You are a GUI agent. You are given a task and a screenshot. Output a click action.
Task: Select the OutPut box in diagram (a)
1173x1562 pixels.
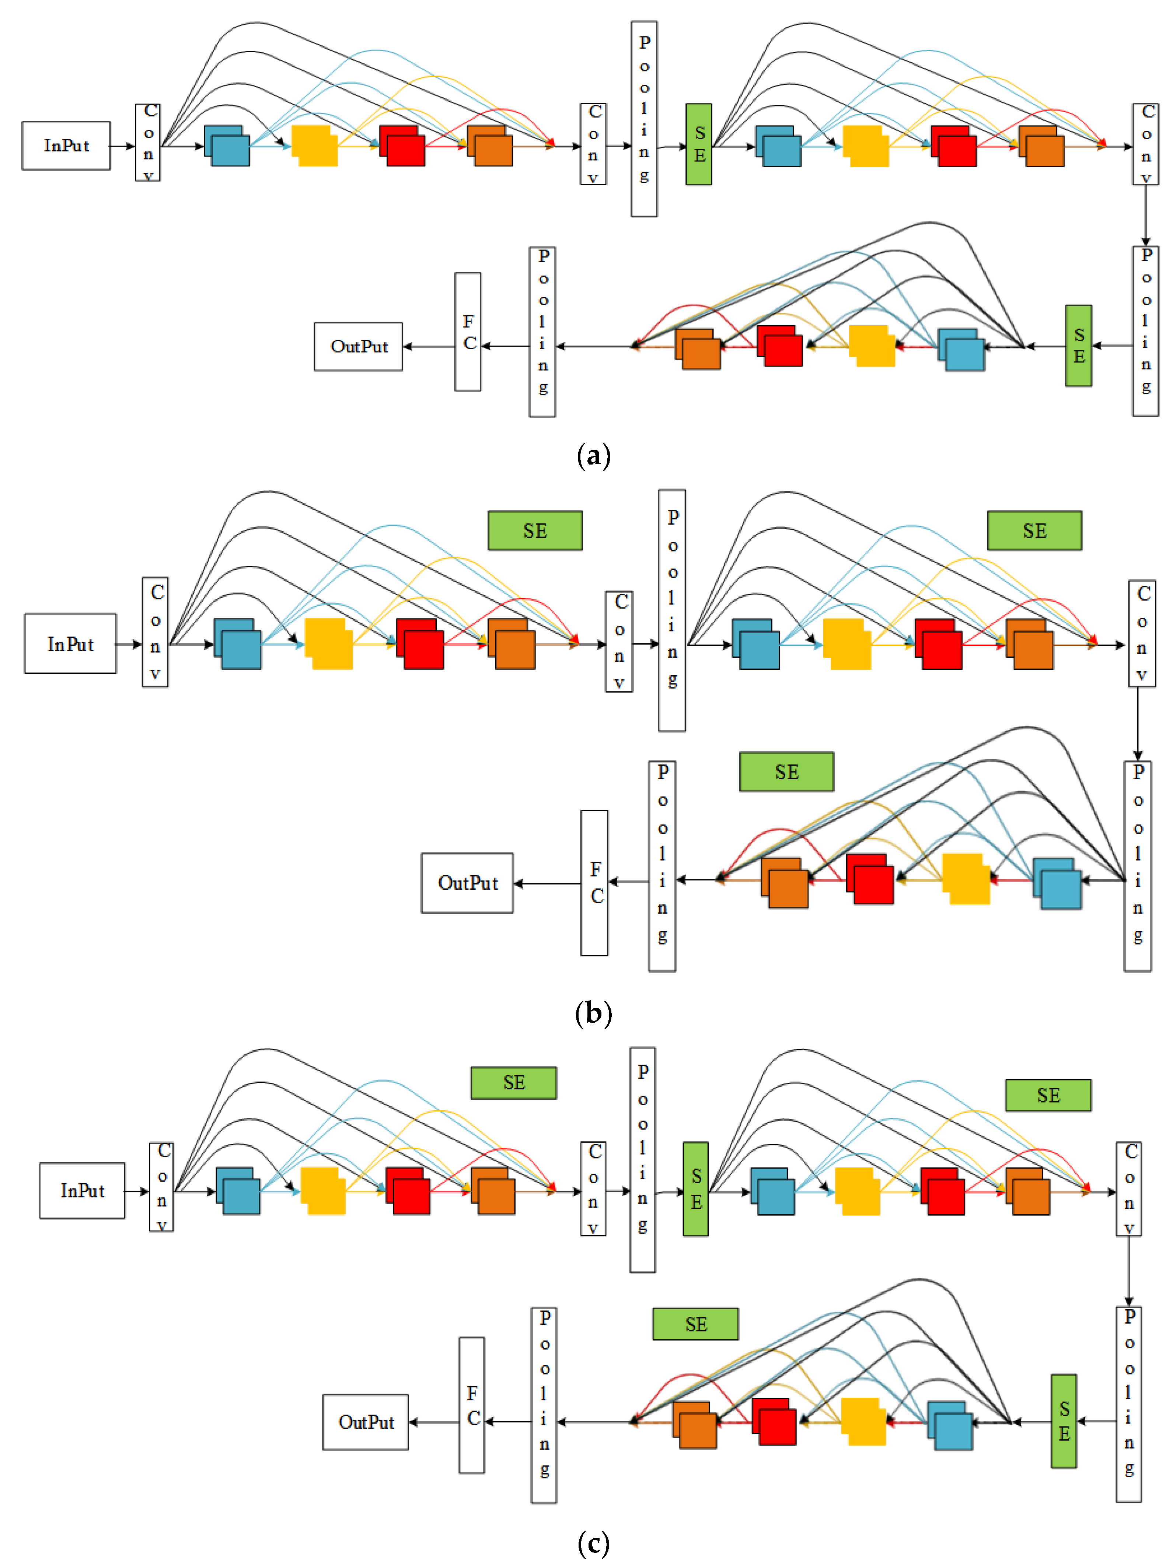coord(358,346)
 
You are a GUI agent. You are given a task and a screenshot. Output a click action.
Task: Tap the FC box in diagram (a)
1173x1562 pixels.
coord(468,332)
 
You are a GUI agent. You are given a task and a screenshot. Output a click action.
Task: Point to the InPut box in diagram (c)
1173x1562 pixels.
coord(82,1191)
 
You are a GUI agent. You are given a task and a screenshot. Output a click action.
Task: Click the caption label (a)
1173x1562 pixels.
coord(593,455)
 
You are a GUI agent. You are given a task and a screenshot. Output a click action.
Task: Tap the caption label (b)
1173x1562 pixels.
coord(593,1013)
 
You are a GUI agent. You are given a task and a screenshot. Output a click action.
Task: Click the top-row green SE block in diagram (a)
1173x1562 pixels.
coord(698,144)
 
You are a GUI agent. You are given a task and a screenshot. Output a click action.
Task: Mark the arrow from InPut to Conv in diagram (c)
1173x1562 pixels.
coord(137,1191)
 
